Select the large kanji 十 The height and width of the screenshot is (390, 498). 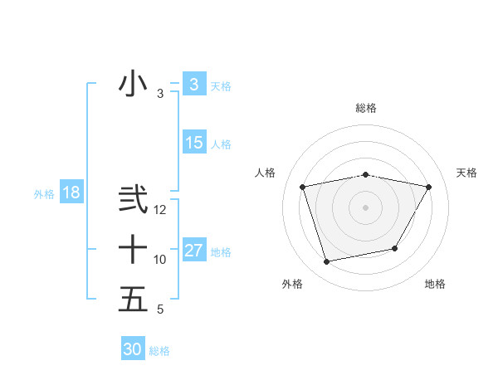tap(133, 249)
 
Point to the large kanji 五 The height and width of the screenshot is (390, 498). tap(133, 299)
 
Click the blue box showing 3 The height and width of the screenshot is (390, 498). tap(193, 84)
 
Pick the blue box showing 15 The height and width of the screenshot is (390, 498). tap(193, 143)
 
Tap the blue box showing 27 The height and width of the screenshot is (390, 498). tap(193, 251)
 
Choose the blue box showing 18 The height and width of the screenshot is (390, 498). tap(71, 193)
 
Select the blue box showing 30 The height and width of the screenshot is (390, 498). tap(133, 349)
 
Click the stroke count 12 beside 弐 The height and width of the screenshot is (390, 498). tap(160, 211)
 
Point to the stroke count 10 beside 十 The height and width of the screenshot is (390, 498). tap(160, 260)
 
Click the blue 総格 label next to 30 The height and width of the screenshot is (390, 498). tap(159, 351)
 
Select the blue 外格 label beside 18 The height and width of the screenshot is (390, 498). tap(44, 194)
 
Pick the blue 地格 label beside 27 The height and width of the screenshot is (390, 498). tap(221, 252)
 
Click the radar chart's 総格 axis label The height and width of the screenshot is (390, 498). tap(366, 108)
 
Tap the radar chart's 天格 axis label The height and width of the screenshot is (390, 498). tap(467, 173)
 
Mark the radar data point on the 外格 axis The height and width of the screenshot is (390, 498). tap(327, 262)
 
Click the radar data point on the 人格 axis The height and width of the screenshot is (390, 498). tap(303, 188)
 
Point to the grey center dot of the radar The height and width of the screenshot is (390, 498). tap(366, 207)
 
